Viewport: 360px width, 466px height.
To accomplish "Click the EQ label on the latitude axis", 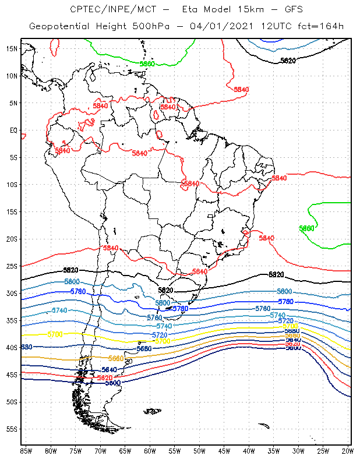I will coord(13,130).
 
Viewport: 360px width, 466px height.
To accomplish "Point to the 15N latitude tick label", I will coord(12,49).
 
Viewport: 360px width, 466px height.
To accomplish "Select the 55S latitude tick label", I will coord(12,429).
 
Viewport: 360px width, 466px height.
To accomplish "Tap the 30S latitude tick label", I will coord(12,294).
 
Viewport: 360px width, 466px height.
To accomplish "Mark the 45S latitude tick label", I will coord(12,375).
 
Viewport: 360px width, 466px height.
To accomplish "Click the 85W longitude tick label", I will coord(26,451).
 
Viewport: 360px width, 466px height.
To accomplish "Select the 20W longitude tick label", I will coord(347,451).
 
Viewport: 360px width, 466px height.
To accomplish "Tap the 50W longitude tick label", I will coord(199,451).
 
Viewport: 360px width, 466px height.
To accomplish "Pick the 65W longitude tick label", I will coord(125,451).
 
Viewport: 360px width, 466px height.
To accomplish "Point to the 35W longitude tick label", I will coord(273,451).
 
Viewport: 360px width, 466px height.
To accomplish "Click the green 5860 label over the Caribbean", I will coord(147,64).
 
